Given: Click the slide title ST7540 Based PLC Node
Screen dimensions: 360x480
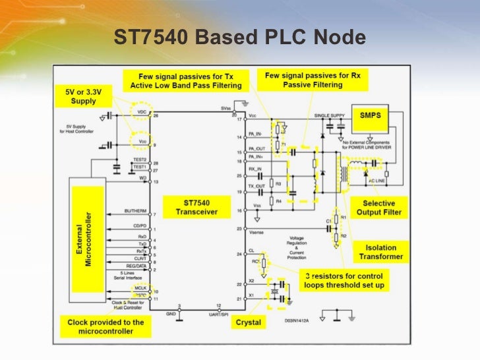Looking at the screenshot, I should coord(239,38).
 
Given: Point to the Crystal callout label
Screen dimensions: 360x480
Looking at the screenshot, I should coord(249,322).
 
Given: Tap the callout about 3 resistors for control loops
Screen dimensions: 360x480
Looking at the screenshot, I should coord(344,280).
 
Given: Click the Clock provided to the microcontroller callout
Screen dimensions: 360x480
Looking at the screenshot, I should coord(105,326).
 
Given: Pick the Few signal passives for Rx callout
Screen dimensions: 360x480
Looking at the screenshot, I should coord(313,80).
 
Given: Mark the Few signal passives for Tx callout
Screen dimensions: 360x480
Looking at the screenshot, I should coord(186,81).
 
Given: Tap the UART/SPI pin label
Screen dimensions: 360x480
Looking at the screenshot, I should coord(219,311).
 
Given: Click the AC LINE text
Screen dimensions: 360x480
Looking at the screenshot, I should coord(376,180).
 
